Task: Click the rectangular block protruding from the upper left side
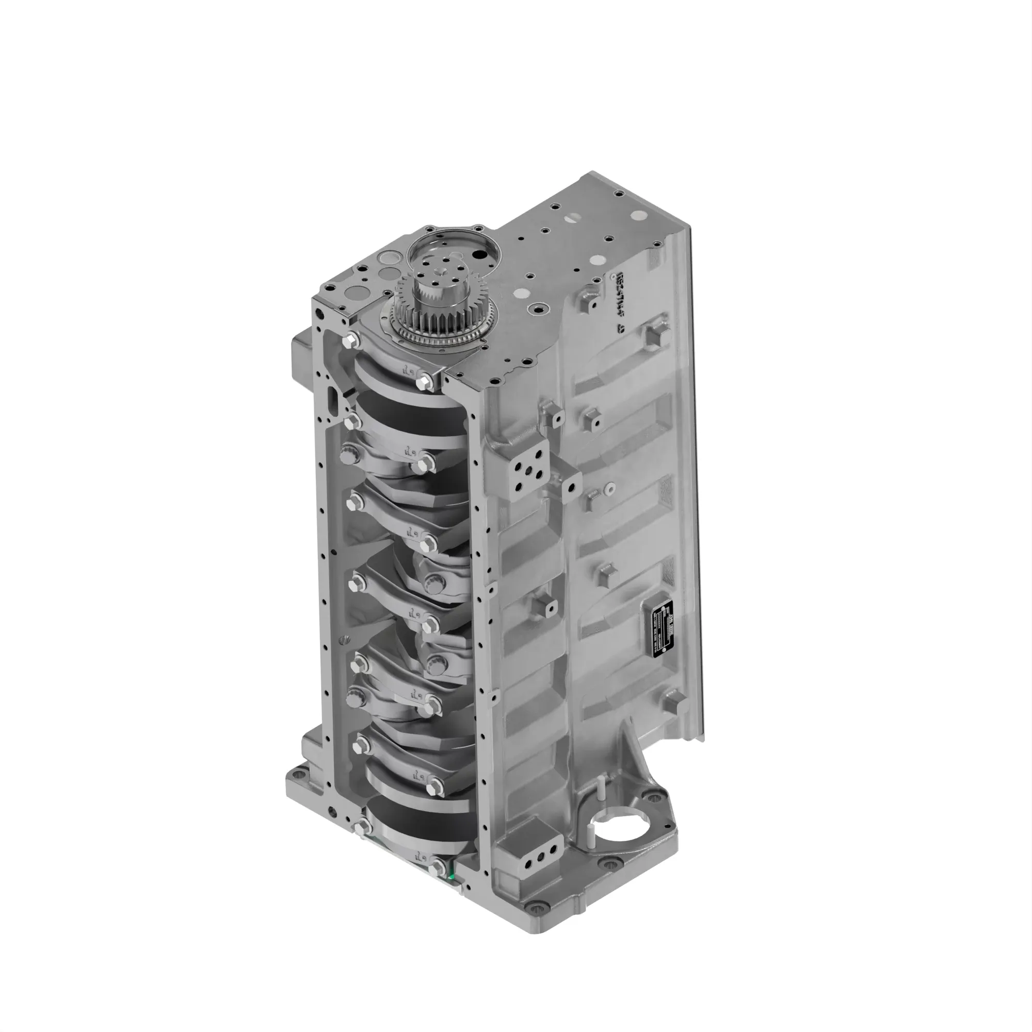click(x=302, y=355)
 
